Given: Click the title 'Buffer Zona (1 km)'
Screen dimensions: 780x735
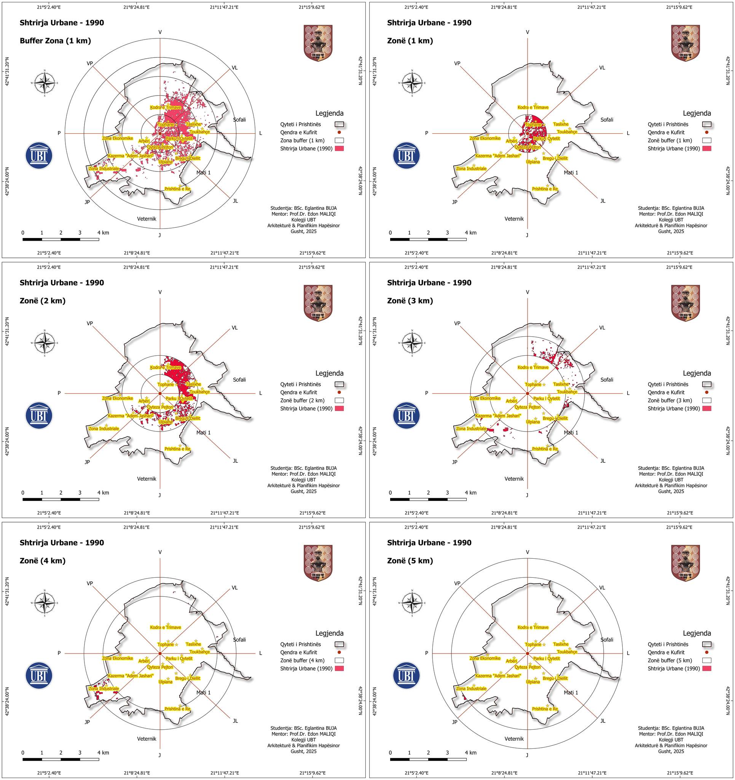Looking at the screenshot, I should point(55,41).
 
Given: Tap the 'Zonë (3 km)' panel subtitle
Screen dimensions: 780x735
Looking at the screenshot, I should point(410,301).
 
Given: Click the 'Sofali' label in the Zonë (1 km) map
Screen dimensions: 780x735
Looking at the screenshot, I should point(607,120).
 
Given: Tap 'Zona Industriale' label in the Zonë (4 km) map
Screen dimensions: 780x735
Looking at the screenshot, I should point(104,689).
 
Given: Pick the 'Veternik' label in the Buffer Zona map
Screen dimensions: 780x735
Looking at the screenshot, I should point(147,219).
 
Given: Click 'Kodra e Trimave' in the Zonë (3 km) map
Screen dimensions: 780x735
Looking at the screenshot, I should point(533,368).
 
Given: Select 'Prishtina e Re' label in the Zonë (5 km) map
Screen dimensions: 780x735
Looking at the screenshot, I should point(545,709).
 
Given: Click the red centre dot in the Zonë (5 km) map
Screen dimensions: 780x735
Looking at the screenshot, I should point(528,653).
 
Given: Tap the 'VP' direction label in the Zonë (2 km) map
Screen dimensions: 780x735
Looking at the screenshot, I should point(90,323).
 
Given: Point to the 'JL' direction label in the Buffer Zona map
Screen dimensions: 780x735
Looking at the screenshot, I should point(235,201).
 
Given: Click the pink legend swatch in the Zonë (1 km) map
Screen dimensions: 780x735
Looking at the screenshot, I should point(707,149).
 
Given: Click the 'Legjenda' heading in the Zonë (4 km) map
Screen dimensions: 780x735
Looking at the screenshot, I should point(330,633).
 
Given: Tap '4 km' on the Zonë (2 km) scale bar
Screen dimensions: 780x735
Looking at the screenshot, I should point(103,493).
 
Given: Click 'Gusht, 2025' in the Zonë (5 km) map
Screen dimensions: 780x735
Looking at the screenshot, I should point(671,751).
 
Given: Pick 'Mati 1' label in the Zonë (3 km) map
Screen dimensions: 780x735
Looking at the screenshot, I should point(571,432).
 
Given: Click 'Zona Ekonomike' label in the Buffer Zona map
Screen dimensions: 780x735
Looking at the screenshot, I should point(118,139).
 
